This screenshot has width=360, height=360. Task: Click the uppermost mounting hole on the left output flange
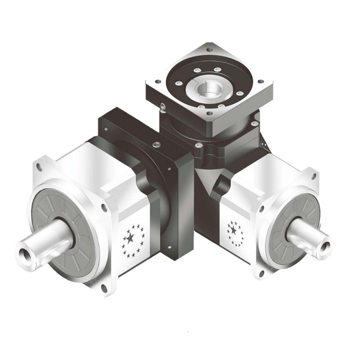click(39, 168)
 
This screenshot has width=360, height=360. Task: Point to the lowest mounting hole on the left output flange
click(104, 288)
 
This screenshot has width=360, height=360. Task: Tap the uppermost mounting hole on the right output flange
click(314, 176)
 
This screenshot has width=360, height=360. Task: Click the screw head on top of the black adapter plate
click(155, 144)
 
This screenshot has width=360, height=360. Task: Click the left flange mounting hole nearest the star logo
click(104, 207)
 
